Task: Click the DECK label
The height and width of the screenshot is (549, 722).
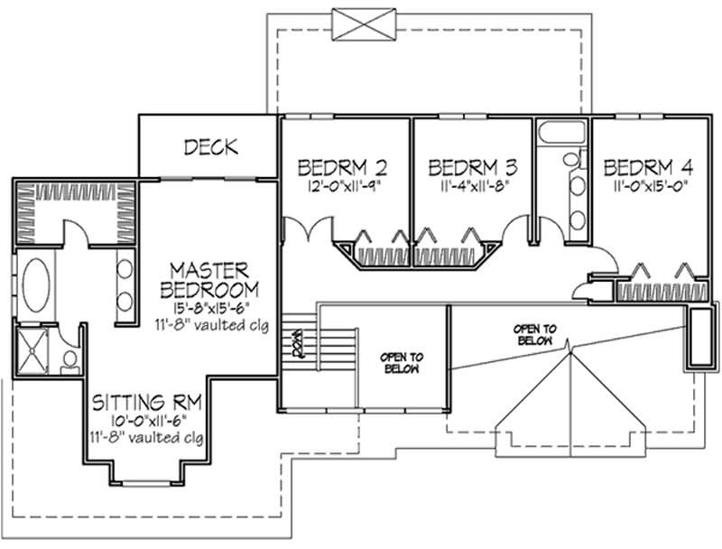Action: pyautogui.click(x=207, y=145)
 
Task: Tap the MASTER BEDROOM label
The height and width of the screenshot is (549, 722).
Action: pyautogui.click(x=209, y=280)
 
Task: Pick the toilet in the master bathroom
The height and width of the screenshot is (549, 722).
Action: pyautogui.click(x=69, y=359)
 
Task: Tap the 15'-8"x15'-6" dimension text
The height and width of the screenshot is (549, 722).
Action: pyautogui.click(x=209, y=308)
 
